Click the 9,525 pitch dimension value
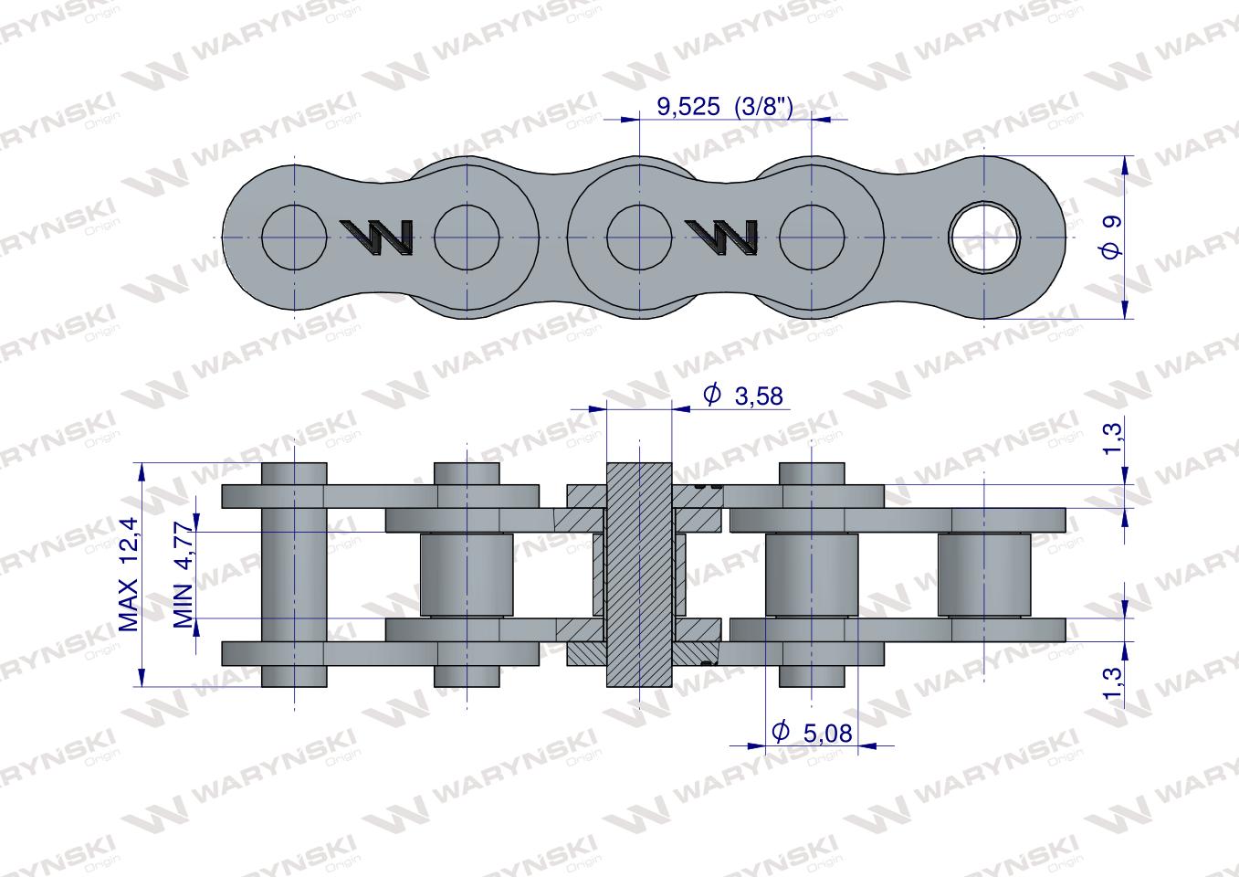(x=690, y=107)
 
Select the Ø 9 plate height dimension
(x=1110, y=238)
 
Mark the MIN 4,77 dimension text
(x=184, y=575)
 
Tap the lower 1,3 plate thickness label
(x=1110, y=682)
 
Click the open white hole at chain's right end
(x=984, y=238)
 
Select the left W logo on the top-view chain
(x=376, y=237)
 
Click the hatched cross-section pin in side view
(x=639, y=575)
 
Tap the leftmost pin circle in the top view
(x=294, y=238)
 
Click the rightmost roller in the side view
(x=984, y=575)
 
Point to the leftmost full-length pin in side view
(x=294, y=575)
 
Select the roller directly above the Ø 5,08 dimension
(x=812, y=575)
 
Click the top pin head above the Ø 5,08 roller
(x=812, y=474)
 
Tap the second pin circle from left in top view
(x=467, y=238)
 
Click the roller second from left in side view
(x=467, y=575)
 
